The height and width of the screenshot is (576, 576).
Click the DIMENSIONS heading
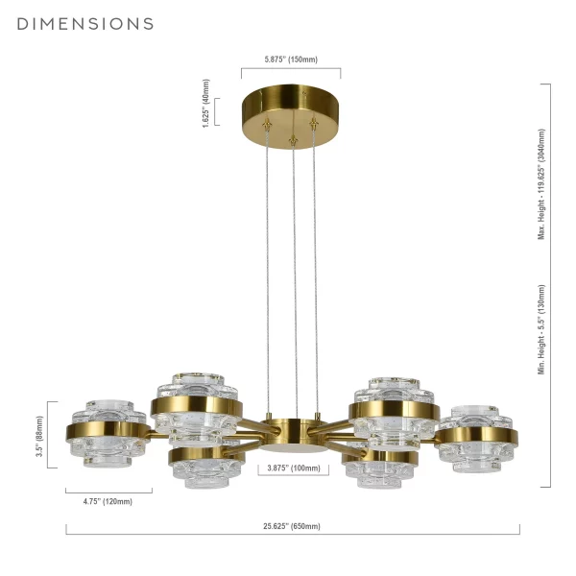point(85,24)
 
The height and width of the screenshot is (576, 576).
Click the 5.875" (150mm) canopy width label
point(291,60)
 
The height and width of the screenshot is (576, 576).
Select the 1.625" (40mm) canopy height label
point(206,104)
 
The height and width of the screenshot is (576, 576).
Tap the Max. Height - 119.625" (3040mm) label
point(541,184)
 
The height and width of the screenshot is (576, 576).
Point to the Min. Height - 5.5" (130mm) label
point(541,329)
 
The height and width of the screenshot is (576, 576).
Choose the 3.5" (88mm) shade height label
point(39,437)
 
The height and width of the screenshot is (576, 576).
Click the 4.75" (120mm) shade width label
point(108,501)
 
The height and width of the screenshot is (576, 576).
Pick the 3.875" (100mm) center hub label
point(294,468)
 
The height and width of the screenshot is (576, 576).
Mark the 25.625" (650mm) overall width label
point(292,526)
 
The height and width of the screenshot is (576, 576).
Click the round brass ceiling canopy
point(291,116)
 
